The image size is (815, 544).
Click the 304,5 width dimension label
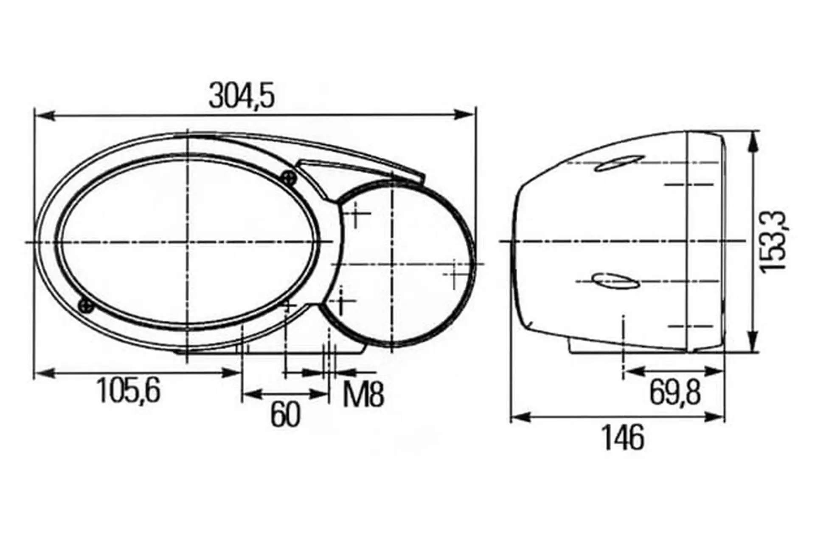242,96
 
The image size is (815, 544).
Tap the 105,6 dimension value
129,391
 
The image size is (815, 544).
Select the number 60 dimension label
285,414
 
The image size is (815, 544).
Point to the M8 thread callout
363,394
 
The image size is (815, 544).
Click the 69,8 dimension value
675,393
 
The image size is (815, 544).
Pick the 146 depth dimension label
623,437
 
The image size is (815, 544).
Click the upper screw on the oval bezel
289,177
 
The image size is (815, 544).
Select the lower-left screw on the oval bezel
86,305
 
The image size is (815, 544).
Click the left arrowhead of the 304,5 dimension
44,115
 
